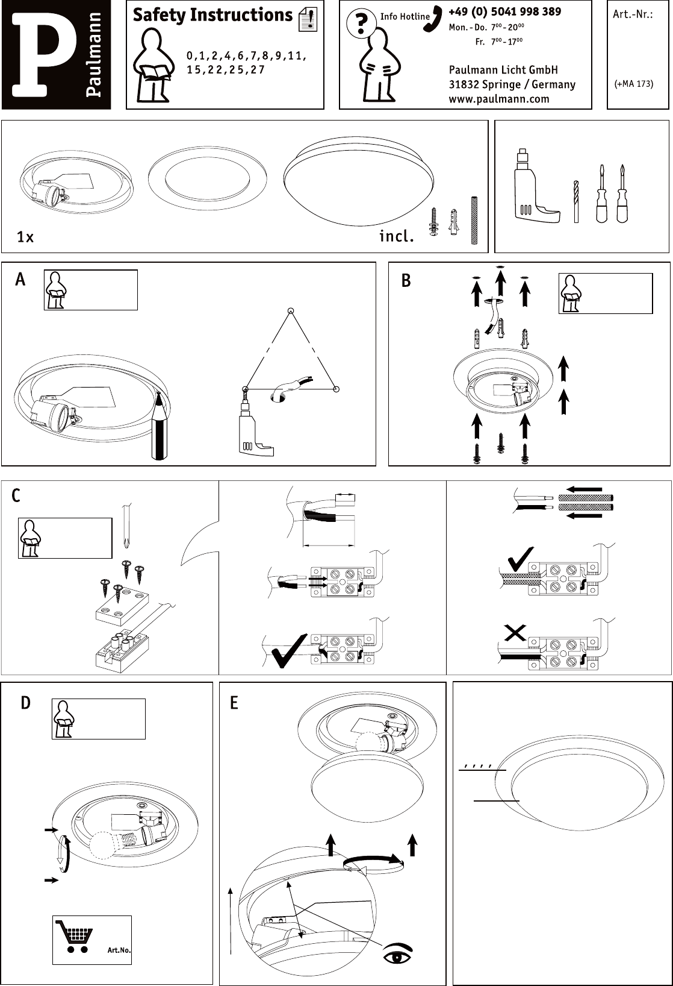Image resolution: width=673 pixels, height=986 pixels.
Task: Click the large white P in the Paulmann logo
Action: (x=42, y=54)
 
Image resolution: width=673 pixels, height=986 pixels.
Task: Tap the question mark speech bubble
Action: (x=361, y=24)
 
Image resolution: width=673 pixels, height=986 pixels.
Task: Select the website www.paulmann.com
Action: (x=498, y=99)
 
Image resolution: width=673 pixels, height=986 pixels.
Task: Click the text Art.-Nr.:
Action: (x=633, y=14)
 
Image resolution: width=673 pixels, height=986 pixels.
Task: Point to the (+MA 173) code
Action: (x=633, y=84)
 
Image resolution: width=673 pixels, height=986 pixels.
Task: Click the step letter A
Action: (x=20, y=280)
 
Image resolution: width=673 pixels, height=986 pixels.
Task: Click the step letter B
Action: (x=406, y=281)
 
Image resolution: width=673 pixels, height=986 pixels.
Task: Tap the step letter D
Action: (x=25, y=703)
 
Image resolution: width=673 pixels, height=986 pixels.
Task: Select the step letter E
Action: (x=234, y=703)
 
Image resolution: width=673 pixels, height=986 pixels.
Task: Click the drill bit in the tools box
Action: (x=576, y=201)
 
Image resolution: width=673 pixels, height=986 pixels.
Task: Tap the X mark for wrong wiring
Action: (x=515, y=633)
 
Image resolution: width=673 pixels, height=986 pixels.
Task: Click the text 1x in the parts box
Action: (x=25, y=237)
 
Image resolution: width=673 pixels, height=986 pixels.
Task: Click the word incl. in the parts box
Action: (x=396, y=236)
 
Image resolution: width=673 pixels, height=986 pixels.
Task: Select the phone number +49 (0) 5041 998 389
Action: (x=504, y=11)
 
